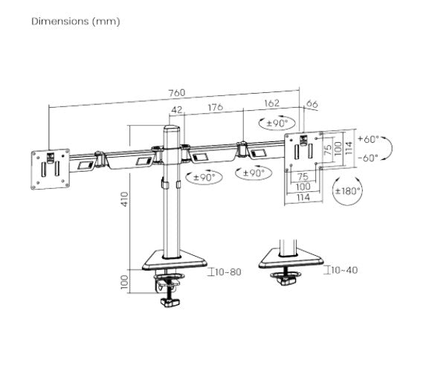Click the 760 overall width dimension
click(x=176, y=94)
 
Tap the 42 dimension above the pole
click(x=176, y=109)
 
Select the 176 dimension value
click(x=214, y=108)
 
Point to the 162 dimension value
click(x=272, y=106)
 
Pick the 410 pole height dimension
click(x=126, y=199)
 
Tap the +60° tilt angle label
click(x=367, y=139)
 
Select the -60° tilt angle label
click(x=367, y=157)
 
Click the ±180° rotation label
click(x=348, y=191)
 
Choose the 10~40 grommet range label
click(x=344, y=269)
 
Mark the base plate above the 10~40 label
click(x=291, y=258)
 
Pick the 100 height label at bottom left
click(x=126, y=281)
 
